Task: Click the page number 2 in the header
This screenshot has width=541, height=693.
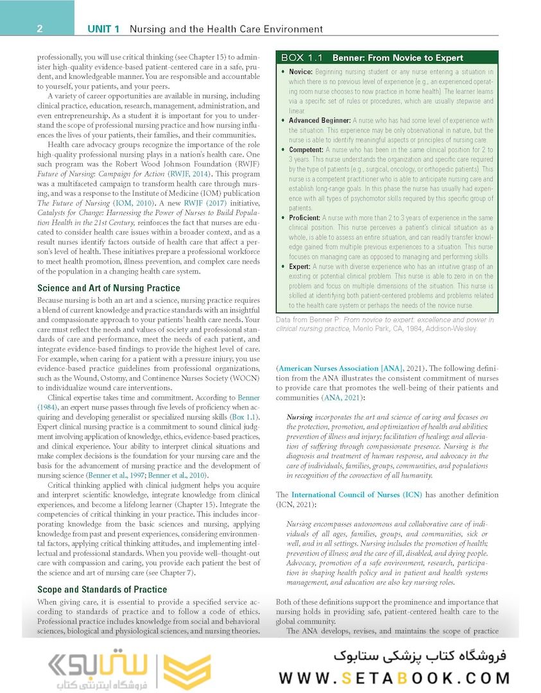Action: click(x=40, y=29)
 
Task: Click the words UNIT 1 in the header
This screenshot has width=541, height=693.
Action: click(x=103, y=29)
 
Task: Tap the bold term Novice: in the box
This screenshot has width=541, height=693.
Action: click(x=300, y=72)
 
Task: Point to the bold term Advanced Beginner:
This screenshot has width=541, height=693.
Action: click(x=320, y=120)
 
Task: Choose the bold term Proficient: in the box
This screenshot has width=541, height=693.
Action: click(x=304, y=218)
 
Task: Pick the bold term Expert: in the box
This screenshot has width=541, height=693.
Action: click(x=299, y=267)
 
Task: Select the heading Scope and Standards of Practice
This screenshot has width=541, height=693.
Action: click(x=102, y=589)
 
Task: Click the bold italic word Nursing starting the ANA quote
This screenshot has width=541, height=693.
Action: click(x=300, y=418)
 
